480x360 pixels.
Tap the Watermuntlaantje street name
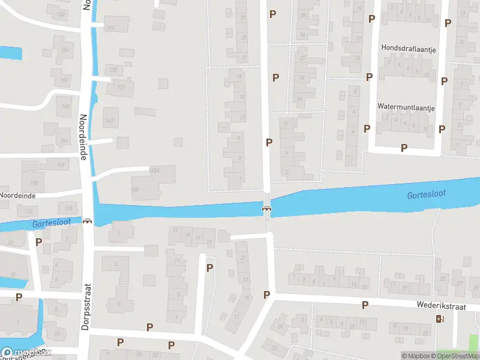pos(406,107)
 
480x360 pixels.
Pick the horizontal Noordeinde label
pos(18,196)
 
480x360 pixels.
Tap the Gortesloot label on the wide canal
pos(426,195)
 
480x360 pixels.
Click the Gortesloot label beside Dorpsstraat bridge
pos(52,223)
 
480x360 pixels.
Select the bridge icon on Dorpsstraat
pos(88,221)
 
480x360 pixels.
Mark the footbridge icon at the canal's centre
pos(266,209)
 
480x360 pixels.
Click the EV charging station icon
pos(440,319)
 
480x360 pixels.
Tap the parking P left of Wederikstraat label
pos(365,305)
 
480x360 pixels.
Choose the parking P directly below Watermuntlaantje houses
pos(404,148)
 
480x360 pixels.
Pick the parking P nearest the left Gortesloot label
pos(39,242)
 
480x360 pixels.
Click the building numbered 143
pos(109,121)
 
